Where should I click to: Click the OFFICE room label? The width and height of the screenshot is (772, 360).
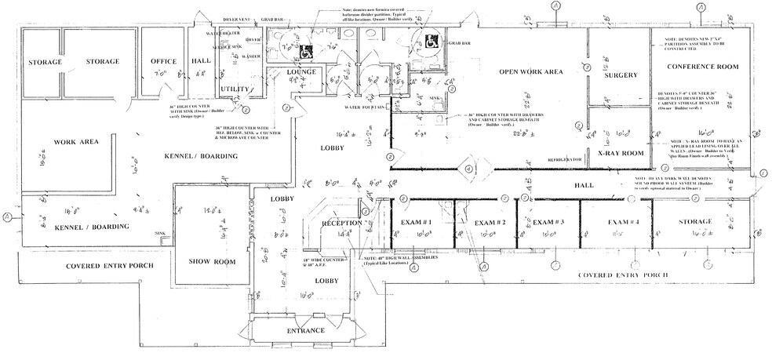pos(162,61)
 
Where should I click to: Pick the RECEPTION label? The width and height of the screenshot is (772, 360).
pos(342,224)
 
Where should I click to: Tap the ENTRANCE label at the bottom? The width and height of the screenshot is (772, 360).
pos(305,330)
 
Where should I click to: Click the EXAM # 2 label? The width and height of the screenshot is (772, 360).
pos(490,223)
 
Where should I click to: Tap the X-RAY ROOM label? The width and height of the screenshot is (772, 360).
pos(621,153)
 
